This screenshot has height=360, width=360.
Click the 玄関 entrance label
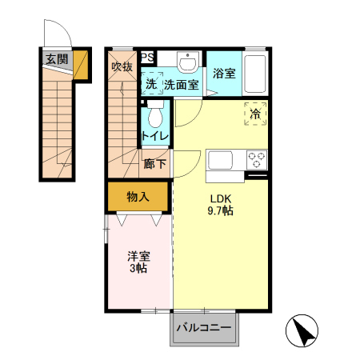point(56,58)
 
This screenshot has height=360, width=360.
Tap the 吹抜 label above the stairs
point(122,66)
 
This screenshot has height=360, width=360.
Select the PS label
point(148,58)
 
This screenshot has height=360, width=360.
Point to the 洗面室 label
point(180,84)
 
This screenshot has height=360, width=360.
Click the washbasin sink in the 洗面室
point(189,63)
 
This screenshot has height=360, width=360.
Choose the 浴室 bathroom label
point(224,74)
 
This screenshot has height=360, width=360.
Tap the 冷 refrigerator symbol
point(255,114)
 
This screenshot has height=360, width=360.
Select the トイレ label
point(155,136)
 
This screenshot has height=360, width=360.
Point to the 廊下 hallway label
point(155,164)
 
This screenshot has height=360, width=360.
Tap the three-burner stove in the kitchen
point(257,159)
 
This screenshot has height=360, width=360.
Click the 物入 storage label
point(138,196)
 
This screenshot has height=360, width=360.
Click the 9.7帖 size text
point(221,211)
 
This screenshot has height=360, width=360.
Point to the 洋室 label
point(138,257)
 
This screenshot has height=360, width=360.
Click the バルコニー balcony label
point(203,329)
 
